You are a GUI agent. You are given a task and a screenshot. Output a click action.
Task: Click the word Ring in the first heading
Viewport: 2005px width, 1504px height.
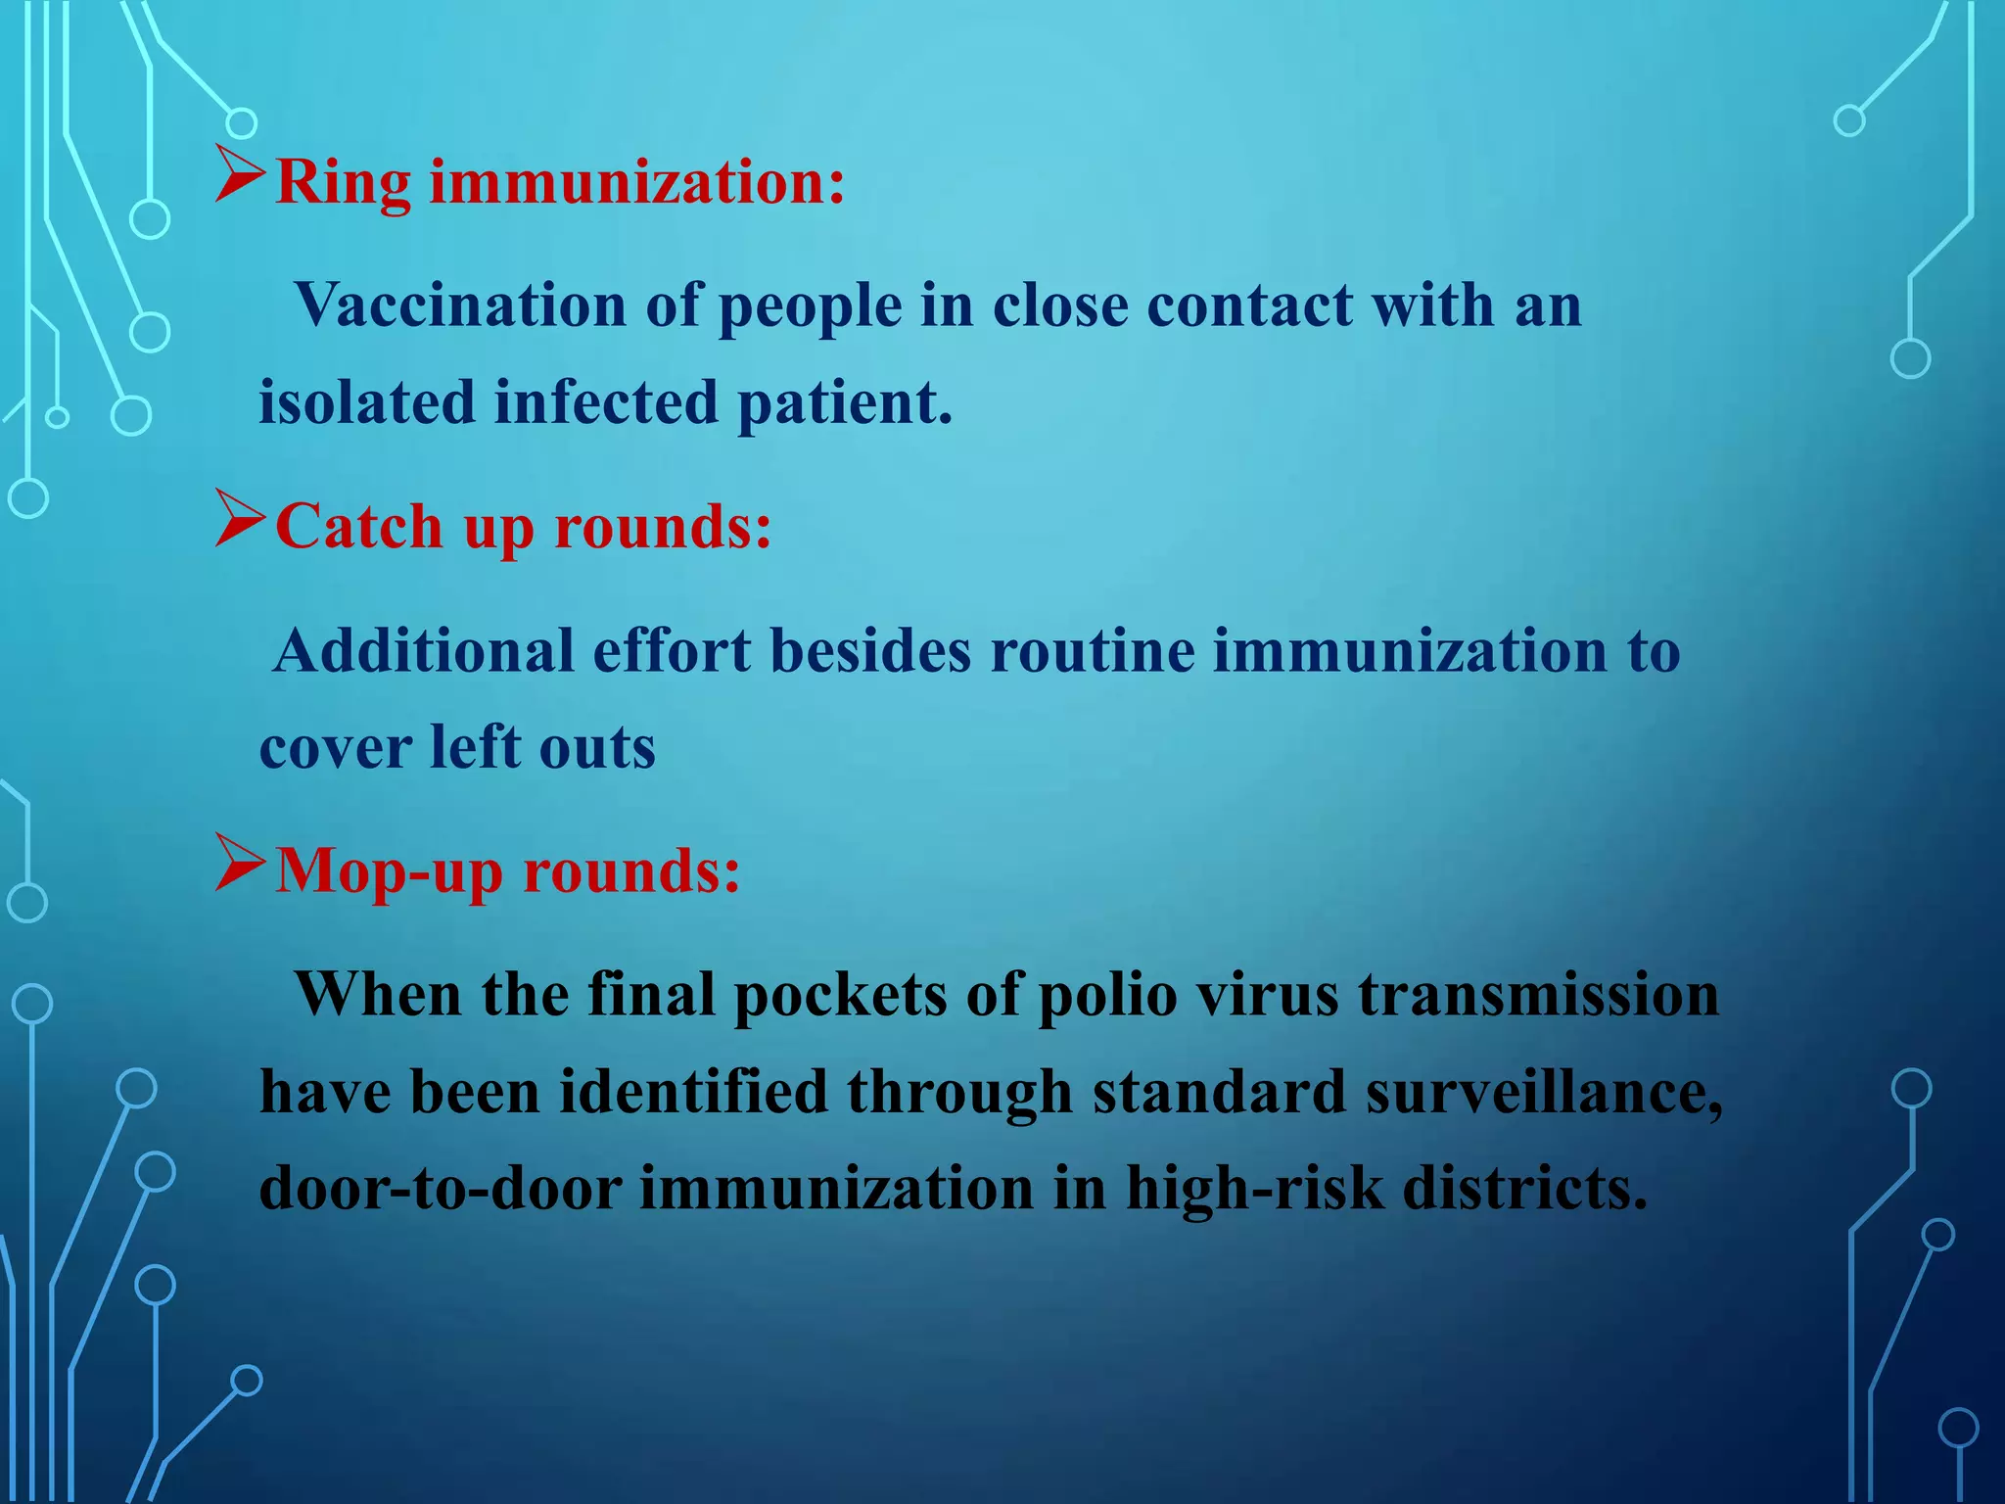click(x=344, y=183)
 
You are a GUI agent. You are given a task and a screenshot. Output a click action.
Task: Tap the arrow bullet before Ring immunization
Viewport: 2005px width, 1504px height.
click(x=240, y=176)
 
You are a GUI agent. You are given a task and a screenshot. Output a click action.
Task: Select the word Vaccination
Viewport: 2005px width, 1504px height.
click(x=460, y=305)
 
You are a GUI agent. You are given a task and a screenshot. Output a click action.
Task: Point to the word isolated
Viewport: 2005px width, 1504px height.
click(x=366, y=402)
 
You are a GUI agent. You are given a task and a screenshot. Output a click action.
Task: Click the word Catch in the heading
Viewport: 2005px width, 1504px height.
click(x=359, y=527)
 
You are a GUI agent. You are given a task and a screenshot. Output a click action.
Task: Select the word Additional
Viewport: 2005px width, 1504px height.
click(x=424, y=650)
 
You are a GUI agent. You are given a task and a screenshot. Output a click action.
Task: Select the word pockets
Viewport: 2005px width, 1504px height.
click(x=840, y=995)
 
